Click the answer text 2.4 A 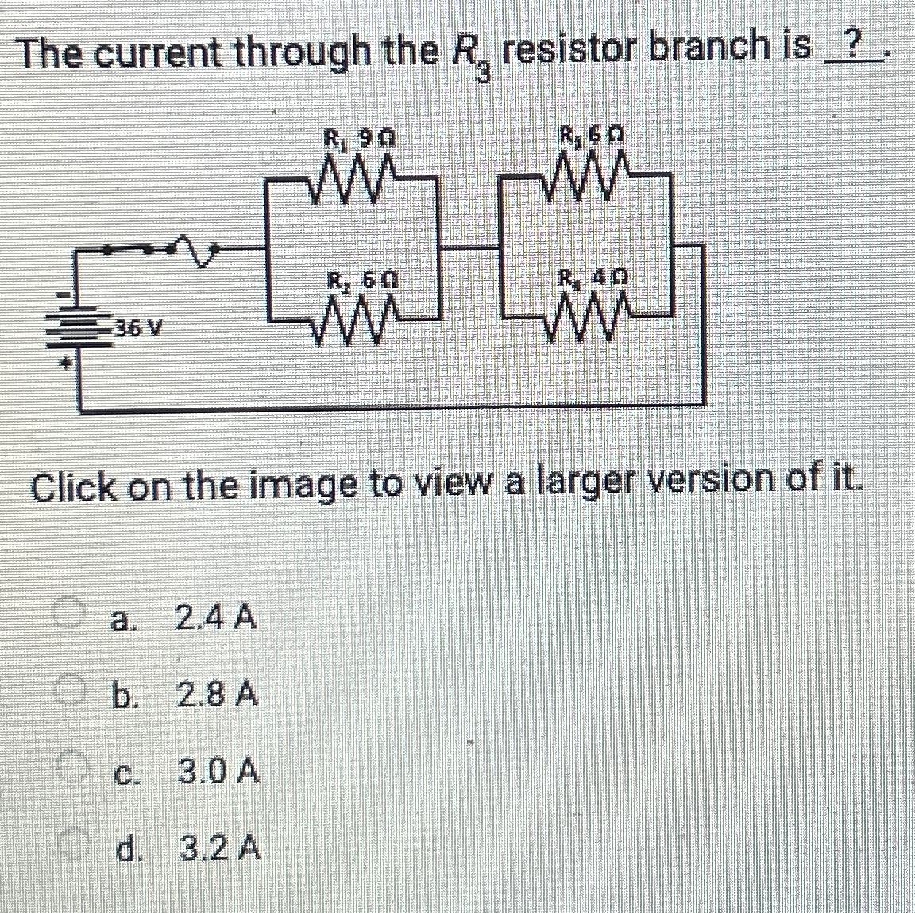point(215,617)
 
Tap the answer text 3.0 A point(218,772)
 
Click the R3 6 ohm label point(592,136)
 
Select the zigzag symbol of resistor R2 point(356,316)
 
